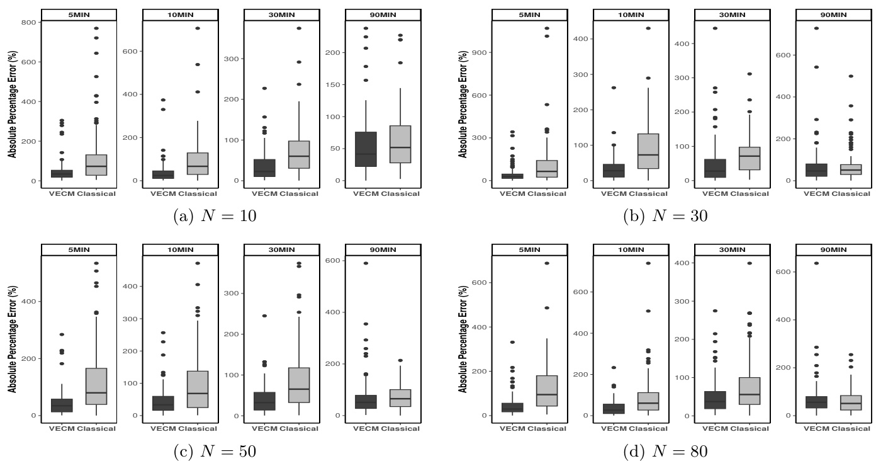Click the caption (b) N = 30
tap(665, 216)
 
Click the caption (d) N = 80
tap(665, 451)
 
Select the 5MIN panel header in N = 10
tap(79, 14)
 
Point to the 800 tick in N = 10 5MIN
tap(30, 22)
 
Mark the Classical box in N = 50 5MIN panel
tap(97, 386)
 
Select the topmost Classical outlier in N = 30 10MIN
tap(648, 28)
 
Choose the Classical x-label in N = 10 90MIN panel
tap(400, 194)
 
